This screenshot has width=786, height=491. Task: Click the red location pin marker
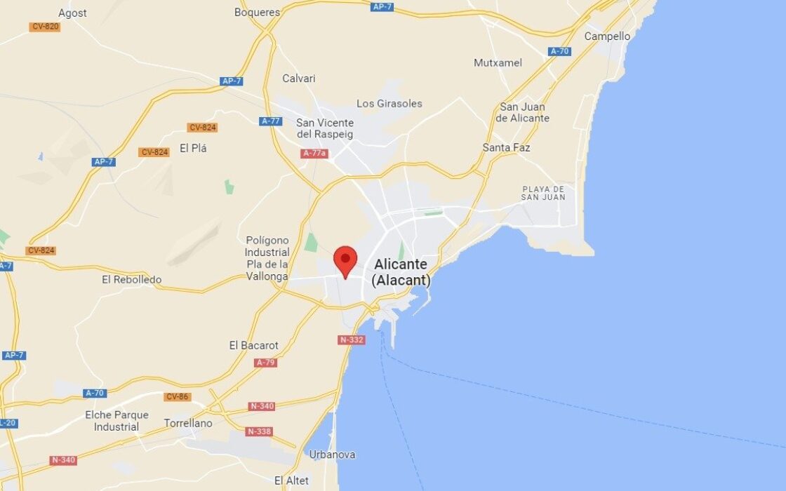pos(345,261)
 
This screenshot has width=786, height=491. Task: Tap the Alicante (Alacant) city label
pos(401,272)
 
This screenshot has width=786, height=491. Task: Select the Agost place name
pos(72,13)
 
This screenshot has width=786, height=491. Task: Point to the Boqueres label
pos(257,12)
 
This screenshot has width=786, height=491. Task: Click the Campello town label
pos(607,36)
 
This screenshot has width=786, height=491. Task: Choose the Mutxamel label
pos(498,62)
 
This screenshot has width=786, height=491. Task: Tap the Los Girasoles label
pos(389,103)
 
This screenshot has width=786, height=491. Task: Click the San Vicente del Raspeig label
pos(324,128)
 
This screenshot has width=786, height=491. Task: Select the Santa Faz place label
pos(506,147)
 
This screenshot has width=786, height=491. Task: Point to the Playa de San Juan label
pos(543,193)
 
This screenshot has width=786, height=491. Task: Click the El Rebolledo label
pos(131,279)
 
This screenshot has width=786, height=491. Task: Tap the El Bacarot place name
pos(253,345)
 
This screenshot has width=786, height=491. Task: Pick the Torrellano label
pos(187,423)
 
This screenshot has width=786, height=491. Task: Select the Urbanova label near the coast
pos(332,455)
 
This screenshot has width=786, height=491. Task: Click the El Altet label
pos(291,480)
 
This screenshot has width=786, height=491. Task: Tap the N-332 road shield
pos(351,339)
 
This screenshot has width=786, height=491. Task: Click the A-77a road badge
pos(314,153)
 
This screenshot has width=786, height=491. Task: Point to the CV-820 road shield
pos(46,27)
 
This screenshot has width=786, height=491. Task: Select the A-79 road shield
pos(266,363)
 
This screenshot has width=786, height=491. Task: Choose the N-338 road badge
pos(259,431)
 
